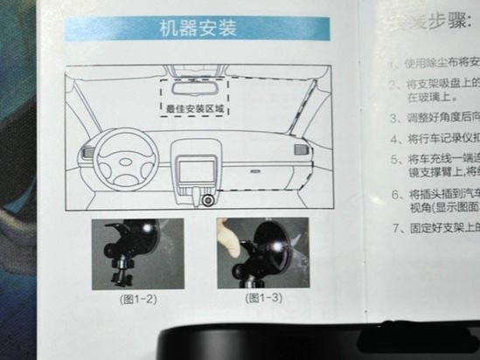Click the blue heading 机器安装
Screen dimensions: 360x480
(x=199, y=30)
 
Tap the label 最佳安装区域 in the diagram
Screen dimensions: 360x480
(x=195, y=110)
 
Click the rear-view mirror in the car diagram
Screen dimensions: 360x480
(x=194, y=87)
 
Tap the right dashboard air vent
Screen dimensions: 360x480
(x=301, y=149)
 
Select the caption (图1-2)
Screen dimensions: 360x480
(x=138, y=298)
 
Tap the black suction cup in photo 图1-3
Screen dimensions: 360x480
(x=271, y=253)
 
